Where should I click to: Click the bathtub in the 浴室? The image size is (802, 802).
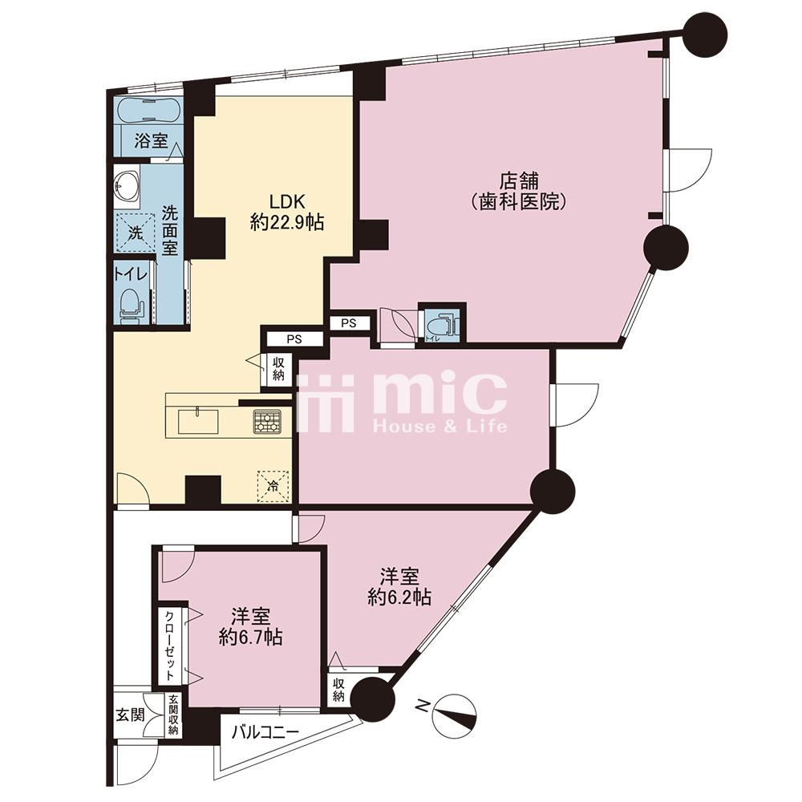[148, 109]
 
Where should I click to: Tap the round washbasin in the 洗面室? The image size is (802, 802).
[127, 186]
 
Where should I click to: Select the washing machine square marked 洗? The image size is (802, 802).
[135, 233]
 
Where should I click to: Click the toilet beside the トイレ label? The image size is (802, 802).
[130, 306]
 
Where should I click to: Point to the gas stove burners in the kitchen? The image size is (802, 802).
[267, 422]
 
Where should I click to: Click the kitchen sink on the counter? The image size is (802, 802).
[198, 422]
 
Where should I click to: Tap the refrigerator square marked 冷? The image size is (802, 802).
[273, 486]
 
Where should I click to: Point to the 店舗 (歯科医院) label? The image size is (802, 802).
[519, 192]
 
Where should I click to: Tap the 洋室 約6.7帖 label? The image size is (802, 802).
[250, 626]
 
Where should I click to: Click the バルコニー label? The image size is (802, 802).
[265, 732]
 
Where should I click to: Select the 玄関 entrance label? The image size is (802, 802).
[130, 715]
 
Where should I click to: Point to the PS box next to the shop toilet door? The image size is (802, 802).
[348, 323]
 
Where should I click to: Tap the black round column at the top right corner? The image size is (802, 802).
[705, 34]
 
